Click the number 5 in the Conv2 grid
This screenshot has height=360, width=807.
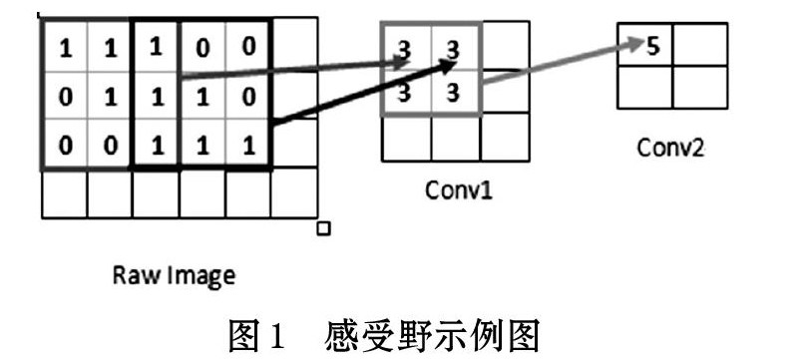point(652,47)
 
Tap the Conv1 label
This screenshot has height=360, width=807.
point(459,190)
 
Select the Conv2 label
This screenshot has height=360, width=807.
point(670,149)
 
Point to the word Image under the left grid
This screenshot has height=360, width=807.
point(199,276)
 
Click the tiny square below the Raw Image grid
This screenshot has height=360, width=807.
point(323,228)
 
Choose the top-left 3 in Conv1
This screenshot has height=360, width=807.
point(405,51)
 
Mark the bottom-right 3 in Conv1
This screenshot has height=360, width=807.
point(454,93)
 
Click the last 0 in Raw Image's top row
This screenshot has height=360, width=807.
point(249,47)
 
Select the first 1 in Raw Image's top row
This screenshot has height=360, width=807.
point(66,50)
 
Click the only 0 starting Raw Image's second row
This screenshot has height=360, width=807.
point(65,98)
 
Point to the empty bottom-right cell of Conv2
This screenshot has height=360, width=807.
point(700,87)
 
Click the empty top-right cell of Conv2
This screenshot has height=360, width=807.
point(700,44)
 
